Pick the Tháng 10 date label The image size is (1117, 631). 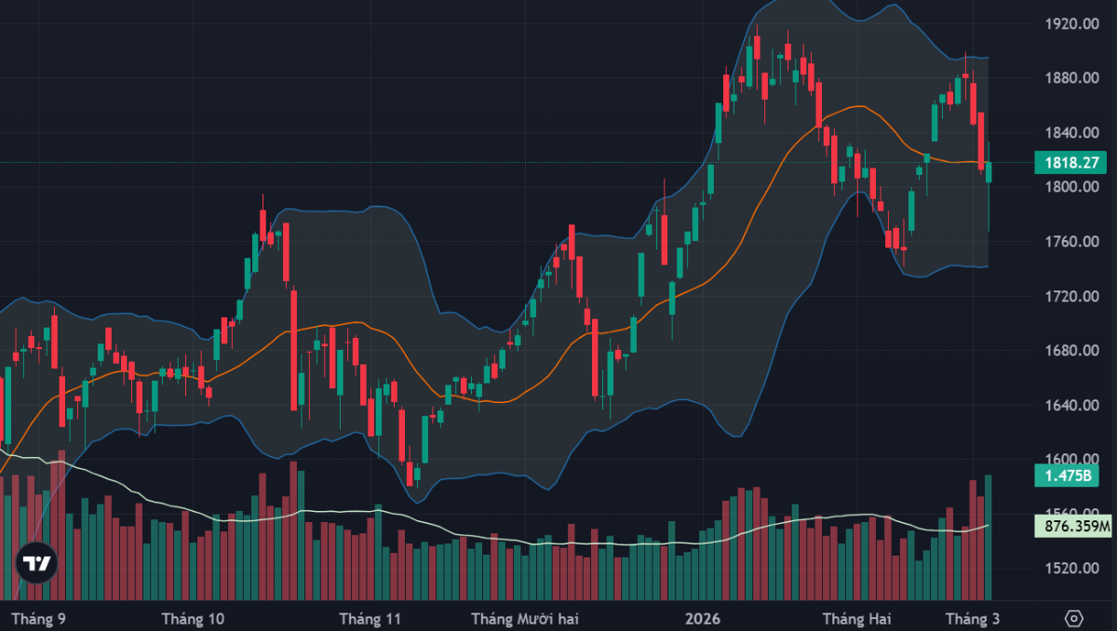(193, 618)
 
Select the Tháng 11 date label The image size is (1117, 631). (370, 618)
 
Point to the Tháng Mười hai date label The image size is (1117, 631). (524, 618)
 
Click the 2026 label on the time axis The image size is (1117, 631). (701, 618)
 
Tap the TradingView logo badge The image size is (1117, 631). (37, 563)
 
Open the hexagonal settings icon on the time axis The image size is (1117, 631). (1073, 618)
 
